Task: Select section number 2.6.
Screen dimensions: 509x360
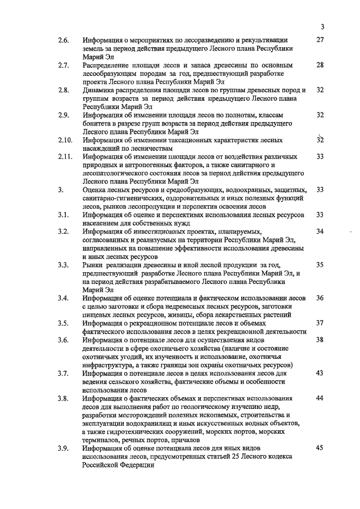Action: coord(63,40)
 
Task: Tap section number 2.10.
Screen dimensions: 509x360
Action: coord(65,140)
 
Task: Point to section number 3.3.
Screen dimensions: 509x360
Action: coord(63,264)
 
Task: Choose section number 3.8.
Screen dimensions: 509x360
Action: coord(63,398)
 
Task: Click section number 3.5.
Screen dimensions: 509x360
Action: coord(63,323)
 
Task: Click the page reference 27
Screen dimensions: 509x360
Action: coord(321,40)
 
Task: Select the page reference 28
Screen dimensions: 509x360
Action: coord(321,65)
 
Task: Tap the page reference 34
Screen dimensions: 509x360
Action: coord(321,231)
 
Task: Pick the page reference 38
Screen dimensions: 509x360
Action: coord(321,340)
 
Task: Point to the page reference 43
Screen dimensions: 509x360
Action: coord(321,373)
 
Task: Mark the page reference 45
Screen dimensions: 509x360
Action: coord(321,448)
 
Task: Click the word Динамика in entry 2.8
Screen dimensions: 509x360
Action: coord(100,90)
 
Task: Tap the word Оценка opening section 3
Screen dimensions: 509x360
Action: coord(96,190)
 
